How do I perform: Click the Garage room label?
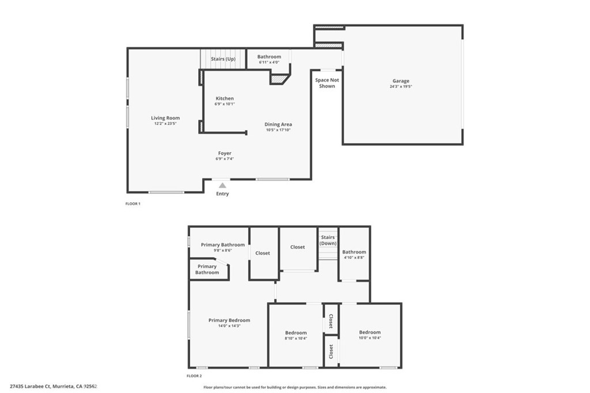[401, 81]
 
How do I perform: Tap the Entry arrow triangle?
[222, 185]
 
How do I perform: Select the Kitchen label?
[225, 98]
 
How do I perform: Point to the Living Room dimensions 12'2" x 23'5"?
[165, 123]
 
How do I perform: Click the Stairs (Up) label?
[223, 59]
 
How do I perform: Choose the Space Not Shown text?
[327, 83]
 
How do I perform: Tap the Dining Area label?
[278, 124]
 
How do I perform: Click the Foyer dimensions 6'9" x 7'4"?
[225, 159]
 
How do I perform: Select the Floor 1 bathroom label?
[269, 57]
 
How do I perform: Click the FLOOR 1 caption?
[133, 204]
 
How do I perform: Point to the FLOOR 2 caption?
[194, 376]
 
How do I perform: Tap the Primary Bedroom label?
[229, 320]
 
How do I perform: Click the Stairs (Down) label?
[328, 240]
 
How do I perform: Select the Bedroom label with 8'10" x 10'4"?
[296, 333]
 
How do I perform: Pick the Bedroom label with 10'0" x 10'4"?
[369, 332]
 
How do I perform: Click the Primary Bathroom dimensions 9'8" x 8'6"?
[223, 250]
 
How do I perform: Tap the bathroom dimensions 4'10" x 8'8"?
[354, 257]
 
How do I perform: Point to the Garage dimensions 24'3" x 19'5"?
[401, 86]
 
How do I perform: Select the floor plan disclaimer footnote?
[295, 387]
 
